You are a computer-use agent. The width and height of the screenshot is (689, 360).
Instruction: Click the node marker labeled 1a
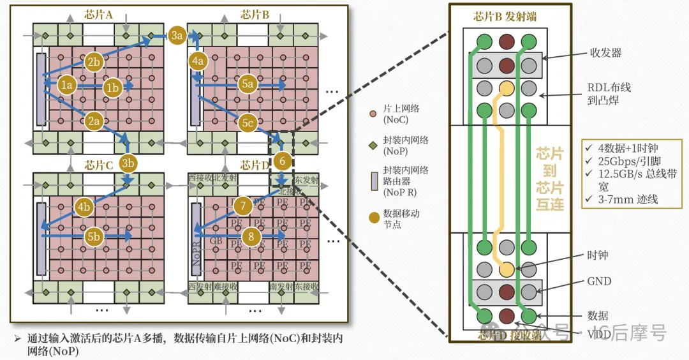pyautogui.click(x=67, y=84)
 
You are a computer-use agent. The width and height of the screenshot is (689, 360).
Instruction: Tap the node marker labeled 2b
pyautogui.click(x=94, y=61)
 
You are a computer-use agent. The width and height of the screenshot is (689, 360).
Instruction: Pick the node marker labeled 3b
pyautogui.click(x=128, y=162)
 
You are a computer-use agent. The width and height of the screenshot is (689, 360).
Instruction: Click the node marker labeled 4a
pyautogui.click(x=198, y=61)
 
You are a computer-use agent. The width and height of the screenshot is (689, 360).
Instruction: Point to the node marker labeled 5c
pyautogui.click(x=248, y=123)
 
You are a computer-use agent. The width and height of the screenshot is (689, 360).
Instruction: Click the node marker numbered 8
pyautogui.click(x=252, y=237)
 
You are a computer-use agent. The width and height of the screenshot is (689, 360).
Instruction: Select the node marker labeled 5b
pyautogui.click(x=94, y=236)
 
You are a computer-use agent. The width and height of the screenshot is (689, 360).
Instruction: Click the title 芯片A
pyautogui.click(x=99, y=14)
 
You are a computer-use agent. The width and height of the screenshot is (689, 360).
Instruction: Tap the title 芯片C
pyautogui.click(x=99, y=165)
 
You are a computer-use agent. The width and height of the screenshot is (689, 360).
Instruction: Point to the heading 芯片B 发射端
pyautogui.click(x=505, y=17)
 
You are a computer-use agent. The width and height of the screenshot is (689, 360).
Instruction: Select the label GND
pyautogui.click(x=599, y=281)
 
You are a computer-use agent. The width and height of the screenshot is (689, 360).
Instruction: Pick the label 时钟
pyautogui.click(x=598, y=255)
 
